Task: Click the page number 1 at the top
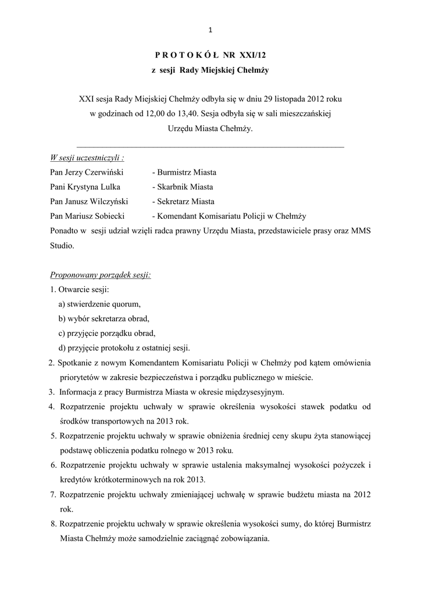211,30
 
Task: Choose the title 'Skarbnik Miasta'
182,187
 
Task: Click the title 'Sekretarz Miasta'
183,201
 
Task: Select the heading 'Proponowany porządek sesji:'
100,275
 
